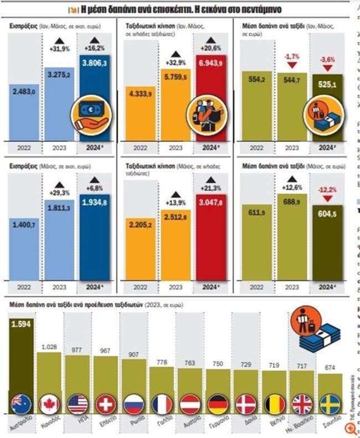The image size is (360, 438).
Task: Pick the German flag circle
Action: coord(218,403)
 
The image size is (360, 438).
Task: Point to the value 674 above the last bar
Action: coord(331,368)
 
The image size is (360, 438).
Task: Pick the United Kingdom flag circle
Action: coord(303,403)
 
